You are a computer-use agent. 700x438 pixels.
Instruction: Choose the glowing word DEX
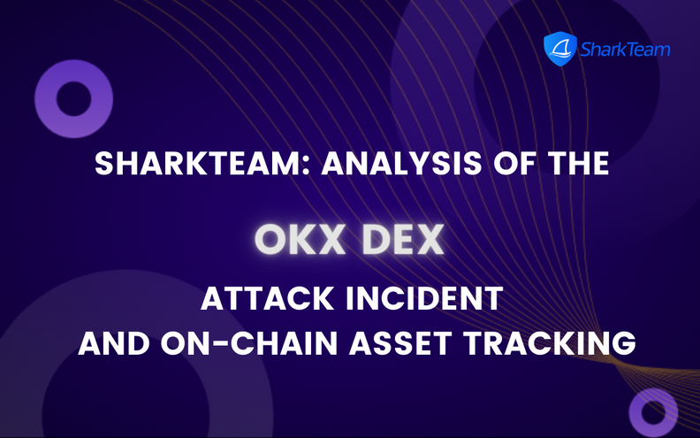click(x=402, y=239)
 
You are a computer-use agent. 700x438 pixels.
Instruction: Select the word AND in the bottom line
click(x=110, y=342)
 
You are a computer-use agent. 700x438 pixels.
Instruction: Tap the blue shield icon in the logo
click(x=559, y=48)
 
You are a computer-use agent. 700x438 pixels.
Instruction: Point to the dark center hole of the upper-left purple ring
click(x=73, y=98)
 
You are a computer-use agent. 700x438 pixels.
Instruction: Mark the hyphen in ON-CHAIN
click(x=228, y=343)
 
